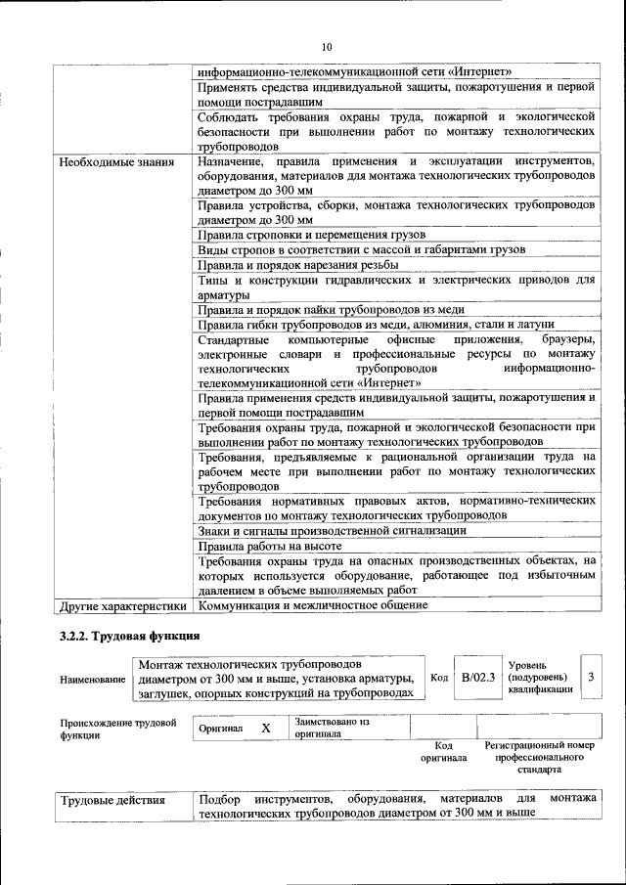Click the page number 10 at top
click(327, 46)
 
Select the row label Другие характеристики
click(122, 605)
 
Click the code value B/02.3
click(478, 676)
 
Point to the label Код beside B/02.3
click(439, 677)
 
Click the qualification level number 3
click(591, 676)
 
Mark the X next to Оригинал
click(265, 729)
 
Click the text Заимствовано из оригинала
click(332, 727)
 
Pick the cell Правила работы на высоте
click(269, 546)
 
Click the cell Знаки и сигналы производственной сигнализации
click(332, 530)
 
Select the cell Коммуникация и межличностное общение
click(312, 605)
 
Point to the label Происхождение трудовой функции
click(118, 729)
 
